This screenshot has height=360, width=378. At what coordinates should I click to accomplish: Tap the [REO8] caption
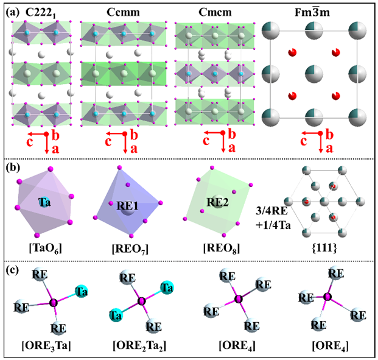point(219,249)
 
